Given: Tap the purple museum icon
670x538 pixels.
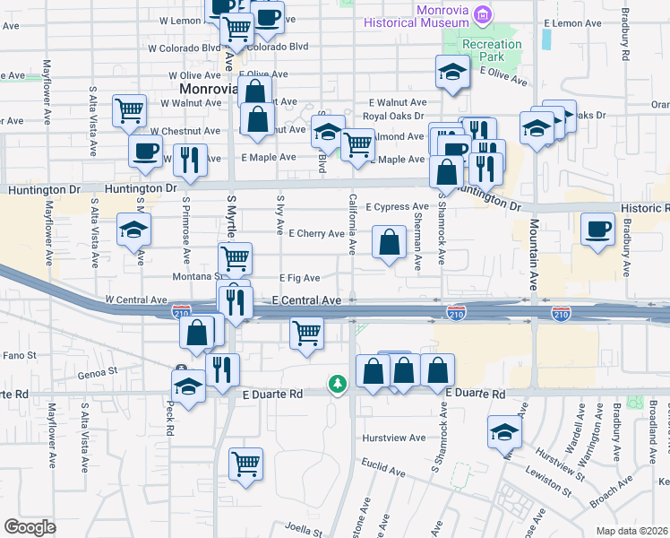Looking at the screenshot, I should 484,13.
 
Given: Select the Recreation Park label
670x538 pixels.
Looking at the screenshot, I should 493,50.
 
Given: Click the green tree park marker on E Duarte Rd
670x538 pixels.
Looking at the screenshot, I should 337,384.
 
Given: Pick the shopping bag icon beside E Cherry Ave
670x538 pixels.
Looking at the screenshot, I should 389,242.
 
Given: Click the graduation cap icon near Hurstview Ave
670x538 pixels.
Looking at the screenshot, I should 504,433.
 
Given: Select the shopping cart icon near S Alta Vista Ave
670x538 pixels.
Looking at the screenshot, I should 130,110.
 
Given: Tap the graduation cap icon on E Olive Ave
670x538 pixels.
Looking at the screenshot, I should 453,72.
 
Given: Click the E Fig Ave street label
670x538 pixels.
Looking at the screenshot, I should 299,278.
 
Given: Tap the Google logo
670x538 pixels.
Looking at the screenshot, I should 30,526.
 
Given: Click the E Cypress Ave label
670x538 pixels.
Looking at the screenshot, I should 397,206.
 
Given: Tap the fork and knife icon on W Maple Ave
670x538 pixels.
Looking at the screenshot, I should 190,160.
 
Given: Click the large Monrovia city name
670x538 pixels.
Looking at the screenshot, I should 206,90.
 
